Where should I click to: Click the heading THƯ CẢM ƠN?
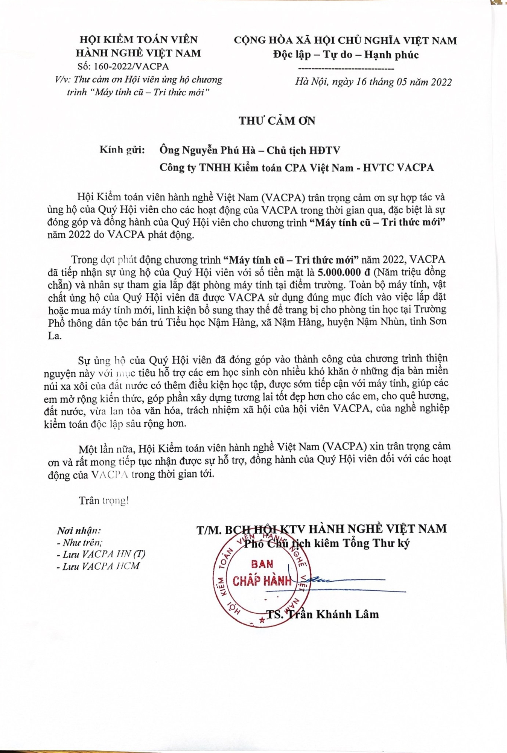click(x=277, y=121)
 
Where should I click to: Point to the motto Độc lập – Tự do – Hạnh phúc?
click(x=346, y=55)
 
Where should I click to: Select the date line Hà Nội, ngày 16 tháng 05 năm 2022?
click(x=373, y=82)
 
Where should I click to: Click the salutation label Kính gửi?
click(x=122, y=150)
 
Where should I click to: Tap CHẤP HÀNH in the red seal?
click(x=262, y=581)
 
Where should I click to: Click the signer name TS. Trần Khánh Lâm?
click(x=323, y=614)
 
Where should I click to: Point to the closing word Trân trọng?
click(x=104, y=500)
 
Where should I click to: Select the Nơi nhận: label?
click(x=79, y=531)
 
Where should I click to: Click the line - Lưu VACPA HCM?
click(x=98, y=566)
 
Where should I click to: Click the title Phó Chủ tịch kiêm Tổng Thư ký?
click(x=327, y=544)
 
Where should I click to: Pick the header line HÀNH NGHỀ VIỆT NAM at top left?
click(x=138, y=53)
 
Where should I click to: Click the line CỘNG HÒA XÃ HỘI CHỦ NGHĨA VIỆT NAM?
click(x=345, y=41)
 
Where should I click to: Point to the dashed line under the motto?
click(x=346, y=69)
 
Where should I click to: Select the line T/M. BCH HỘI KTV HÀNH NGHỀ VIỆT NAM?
click(x=321, y=529)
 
